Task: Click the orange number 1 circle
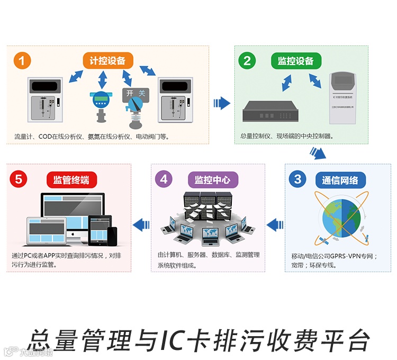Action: tap(21, 60)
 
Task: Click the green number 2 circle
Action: tap(247, 60)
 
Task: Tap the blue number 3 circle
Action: tap(297, 179)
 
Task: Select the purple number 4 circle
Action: tap(164, 179)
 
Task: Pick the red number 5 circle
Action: tap(19, 179)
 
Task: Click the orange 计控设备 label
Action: tap(108, 60)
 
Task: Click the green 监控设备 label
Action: tap(296, 60)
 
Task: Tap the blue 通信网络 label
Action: tap(340, 180)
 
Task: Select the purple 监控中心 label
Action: tap(213, 180)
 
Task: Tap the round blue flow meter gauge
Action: tap(100, 99)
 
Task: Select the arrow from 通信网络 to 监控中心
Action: tap(275, 225)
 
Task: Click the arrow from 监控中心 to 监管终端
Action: tap(141, 225)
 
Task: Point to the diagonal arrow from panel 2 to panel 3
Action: tap(317, 153)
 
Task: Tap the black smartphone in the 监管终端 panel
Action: tap(112, 236)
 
